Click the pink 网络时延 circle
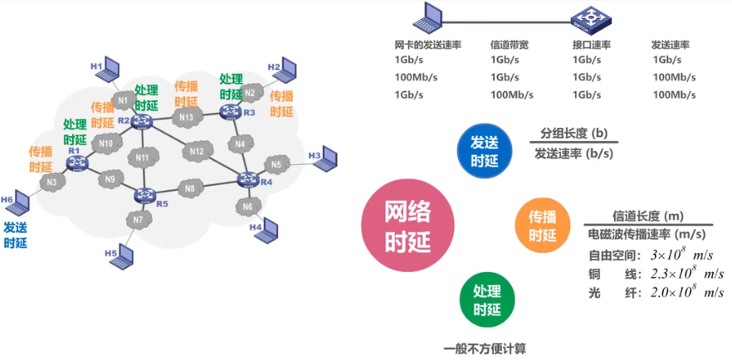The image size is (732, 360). click(x=407, y=225)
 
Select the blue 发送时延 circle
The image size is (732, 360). click(x=484, y=150)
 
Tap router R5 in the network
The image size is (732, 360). click(x=147, y=197)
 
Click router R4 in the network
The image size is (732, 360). click(x=247, y=178)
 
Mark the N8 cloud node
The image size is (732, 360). click(x=190, y=189)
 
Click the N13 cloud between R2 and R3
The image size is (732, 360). click(x=186, y=118)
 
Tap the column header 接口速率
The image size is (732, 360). click(x=591, y=45)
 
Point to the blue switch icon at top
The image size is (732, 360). click(x=589, y=17)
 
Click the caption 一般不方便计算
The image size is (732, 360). click(x=486, y=349)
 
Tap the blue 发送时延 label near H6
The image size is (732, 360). click(x=16, y=234)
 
